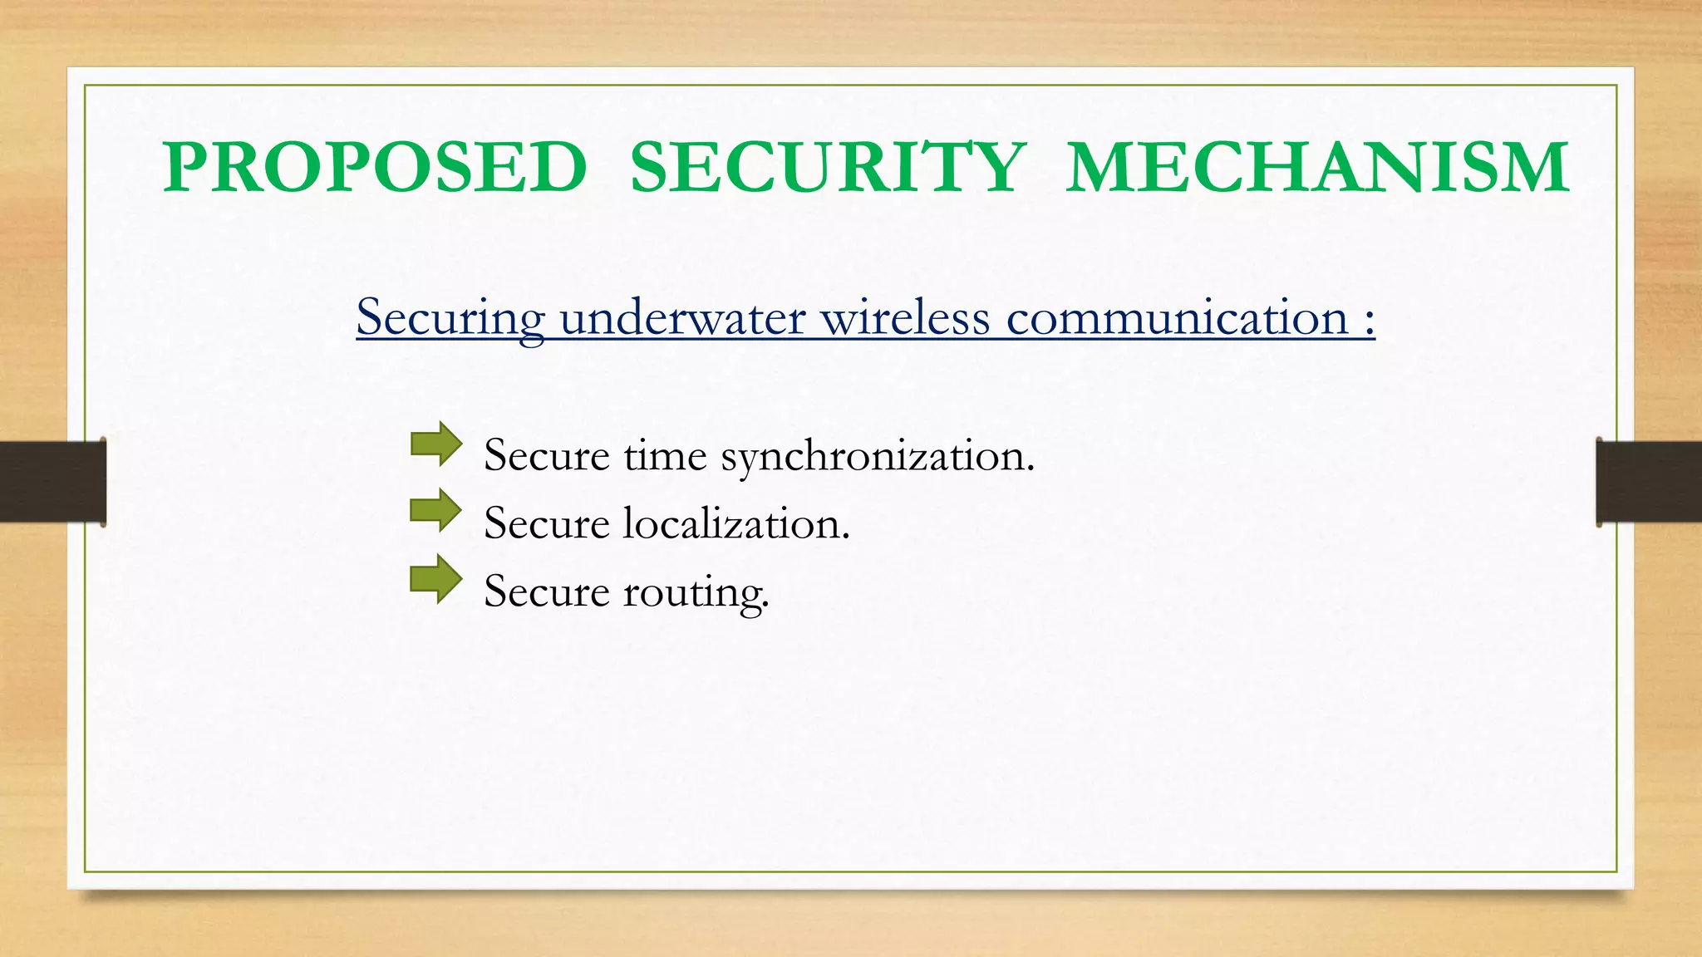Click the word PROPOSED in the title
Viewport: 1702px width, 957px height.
375,167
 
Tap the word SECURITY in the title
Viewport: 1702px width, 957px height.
828,167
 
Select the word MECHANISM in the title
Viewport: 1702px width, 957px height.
1317,167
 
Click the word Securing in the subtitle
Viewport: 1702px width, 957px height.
450,318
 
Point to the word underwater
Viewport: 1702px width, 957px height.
682,318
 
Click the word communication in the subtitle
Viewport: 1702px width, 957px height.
1177,318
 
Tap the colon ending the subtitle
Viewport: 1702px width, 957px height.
1369,320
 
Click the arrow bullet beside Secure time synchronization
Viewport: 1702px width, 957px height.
436,444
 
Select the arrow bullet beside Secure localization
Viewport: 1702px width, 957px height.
436,511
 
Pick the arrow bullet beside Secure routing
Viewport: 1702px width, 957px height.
436,579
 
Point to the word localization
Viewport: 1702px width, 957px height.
736,524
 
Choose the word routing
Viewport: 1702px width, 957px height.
696,592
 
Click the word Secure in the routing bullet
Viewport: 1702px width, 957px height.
547,592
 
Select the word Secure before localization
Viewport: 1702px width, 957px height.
547,524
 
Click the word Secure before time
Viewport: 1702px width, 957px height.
547,456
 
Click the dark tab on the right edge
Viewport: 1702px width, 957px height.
1649,482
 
